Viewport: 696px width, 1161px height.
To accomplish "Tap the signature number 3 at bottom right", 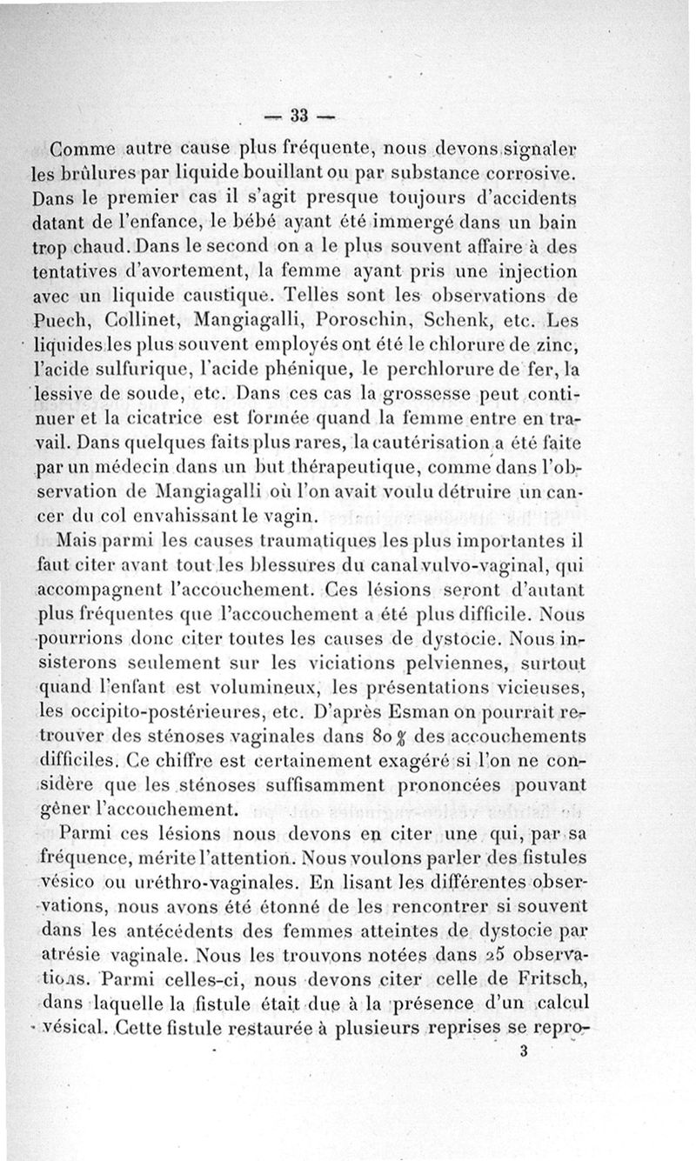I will coord(523,1050).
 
